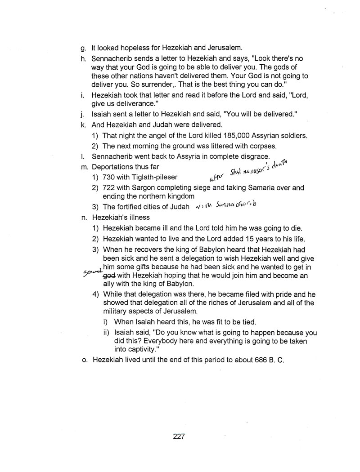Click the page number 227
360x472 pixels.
tap(179, 436)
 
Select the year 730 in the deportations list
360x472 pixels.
tap(109, 177)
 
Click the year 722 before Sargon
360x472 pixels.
tap(109, 187)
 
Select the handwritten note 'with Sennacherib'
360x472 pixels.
tap(228, 206)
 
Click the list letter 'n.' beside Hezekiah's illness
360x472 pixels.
tap(83, 218)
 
